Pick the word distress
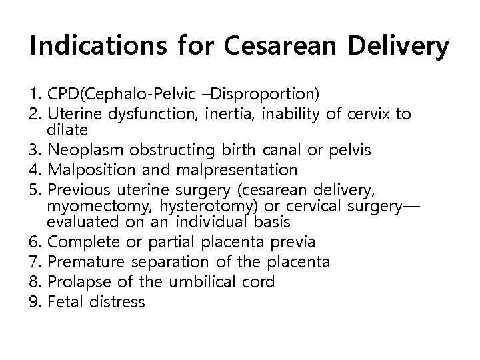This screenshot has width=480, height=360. pyautogui.click(x=120, y=302)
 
